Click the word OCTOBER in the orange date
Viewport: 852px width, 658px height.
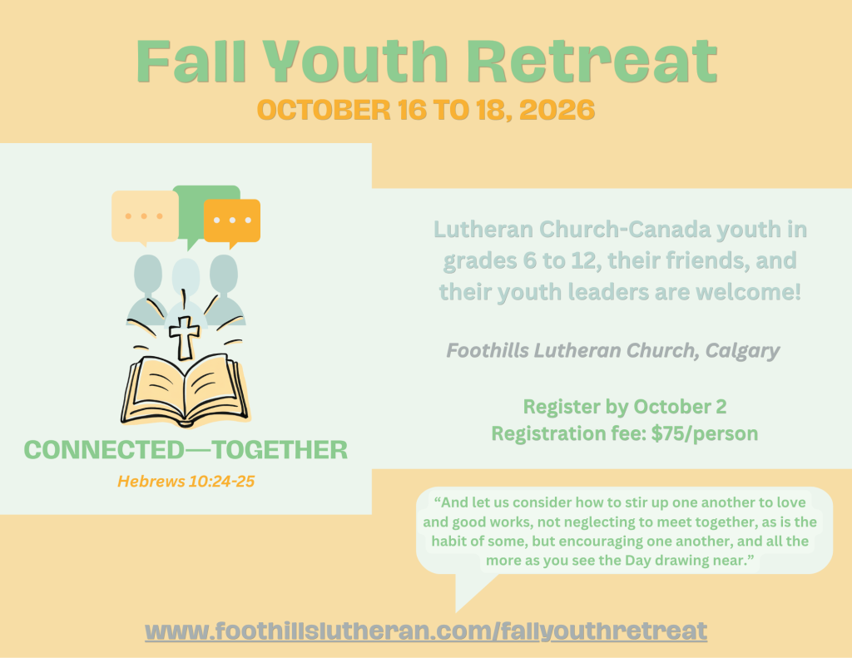coord(324,110)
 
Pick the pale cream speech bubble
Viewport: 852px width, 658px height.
coord(145,217)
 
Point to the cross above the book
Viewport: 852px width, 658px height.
coord(185,338)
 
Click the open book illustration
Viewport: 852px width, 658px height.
coord(184,390)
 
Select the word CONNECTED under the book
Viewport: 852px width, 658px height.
coord(104,450)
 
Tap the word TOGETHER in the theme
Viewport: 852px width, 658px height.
coord(280,450)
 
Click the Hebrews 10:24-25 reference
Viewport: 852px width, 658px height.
coord(186,482)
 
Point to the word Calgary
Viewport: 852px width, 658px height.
coord(743,351)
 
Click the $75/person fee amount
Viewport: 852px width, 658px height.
coord(704,433)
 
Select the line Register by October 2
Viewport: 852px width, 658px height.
coord(624,407)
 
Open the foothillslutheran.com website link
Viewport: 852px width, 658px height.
coord(426,631)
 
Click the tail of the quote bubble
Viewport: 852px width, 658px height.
coord(468,595)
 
